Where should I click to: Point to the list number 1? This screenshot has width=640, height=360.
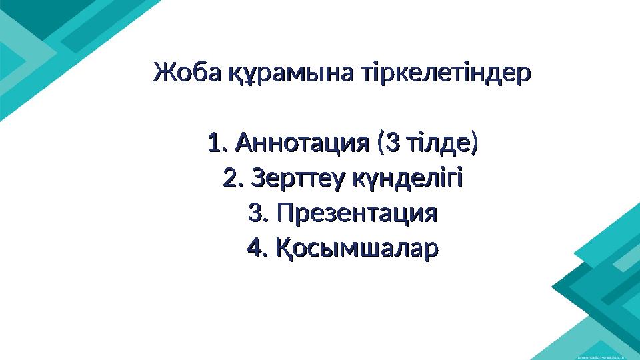click(215, 143)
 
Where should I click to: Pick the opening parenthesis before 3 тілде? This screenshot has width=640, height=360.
click(380, 143)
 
